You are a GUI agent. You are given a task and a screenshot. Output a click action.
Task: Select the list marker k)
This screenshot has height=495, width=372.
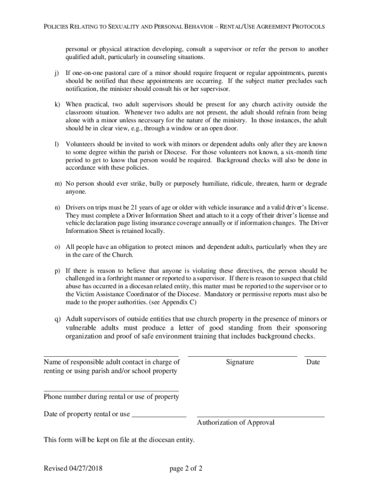click(x=57, y=104)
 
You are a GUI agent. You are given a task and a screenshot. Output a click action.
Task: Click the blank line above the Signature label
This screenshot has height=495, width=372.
click(x=242, y=356)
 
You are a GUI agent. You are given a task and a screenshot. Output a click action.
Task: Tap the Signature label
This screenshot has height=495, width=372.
click(x=240, y=362)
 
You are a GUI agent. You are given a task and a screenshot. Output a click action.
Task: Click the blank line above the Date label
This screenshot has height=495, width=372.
click(x=315, y=356)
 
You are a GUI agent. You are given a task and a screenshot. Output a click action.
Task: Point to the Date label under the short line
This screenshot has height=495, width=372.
click(x=313, y=362)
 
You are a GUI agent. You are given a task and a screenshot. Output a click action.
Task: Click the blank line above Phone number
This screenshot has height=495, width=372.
click(x=111, y=391)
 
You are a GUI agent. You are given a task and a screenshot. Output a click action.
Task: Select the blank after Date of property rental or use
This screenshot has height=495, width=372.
click(x=159, y=416)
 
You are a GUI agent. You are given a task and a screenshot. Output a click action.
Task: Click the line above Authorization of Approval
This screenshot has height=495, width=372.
click(x=260, y=416)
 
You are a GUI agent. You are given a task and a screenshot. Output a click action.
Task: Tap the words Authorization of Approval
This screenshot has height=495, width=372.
click(x=236, y=423)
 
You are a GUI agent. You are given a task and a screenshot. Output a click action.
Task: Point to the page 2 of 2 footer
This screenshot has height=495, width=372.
click(x=186, y=468)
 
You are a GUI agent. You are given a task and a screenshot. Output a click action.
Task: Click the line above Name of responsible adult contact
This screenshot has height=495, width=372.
click(x=111, y=356)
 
